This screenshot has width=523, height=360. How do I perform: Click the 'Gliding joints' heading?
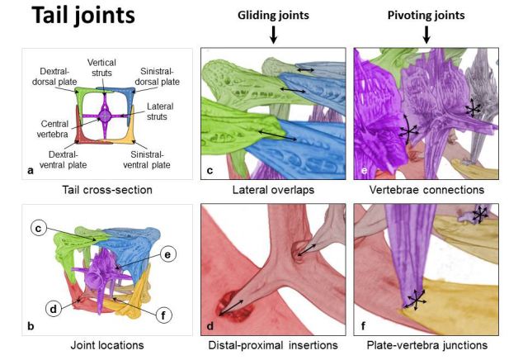pyautogui.click(x=273, y=15)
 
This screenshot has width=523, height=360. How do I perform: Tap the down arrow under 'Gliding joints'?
pyautogui.click(x=273, y=36)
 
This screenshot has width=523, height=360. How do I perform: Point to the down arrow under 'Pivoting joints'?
pyautogui.click(x=426, y=36)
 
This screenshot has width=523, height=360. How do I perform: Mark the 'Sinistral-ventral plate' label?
pyautogui.click(x=161, y=159)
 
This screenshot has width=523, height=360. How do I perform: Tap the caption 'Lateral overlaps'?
pyautogui.click(x=274, y=190)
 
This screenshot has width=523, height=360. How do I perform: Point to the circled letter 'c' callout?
pyautogui.click(x=38, y=228)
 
